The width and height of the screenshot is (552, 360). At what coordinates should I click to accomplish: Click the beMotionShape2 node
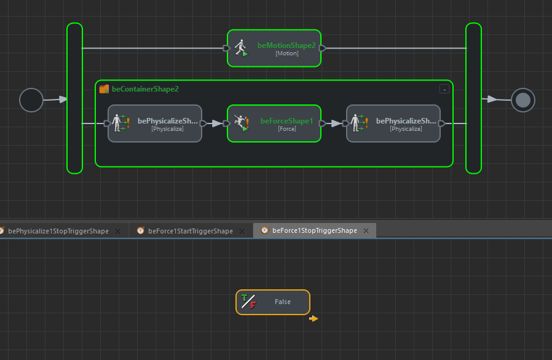[274, 48]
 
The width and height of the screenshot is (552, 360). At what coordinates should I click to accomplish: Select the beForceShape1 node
[274, 123]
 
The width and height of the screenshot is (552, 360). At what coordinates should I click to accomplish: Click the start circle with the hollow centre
[31, 100]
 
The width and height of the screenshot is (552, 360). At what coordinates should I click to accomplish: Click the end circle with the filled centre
[523, 100]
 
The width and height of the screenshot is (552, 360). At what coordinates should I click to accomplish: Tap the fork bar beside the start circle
[74, 98]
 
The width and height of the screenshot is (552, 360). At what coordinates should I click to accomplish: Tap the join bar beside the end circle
[473, 98]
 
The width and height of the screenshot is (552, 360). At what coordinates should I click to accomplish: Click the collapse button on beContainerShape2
[444, 89]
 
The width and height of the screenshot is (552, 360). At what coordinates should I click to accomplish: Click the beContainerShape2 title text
[145, 89]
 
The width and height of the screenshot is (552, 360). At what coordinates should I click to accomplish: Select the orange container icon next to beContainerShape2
[104, 89]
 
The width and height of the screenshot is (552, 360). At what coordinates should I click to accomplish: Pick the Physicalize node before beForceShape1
[155, 123]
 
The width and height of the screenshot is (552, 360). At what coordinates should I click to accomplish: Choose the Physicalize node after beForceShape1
[393, 123]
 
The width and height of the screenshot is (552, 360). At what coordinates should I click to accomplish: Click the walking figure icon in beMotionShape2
[240, 48]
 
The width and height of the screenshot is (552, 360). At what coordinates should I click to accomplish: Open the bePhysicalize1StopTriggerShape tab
[58, 231]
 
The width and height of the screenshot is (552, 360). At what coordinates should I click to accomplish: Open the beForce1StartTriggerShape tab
[191, 231]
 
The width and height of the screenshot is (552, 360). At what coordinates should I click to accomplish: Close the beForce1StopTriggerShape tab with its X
[366, 231]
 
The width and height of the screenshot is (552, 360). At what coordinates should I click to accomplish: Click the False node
[273, 302]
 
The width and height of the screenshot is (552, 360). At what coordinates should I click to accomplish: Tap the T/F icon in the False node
[248, 302]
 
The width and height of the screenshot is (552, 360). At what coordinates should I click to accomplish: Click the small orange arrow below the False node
[313, 318]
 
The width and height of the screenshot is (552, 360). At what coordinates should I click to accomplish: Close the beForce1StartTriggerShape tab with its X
[242, 231]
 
